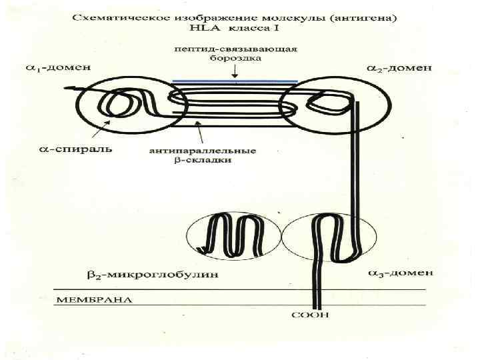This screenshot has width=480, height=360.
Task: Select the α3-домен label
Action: tap(399, 273)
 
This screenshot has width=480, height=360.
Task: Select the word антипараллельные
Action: tap(202, 150)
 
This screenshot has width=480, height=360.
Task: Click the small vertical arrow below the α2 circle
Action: tap(402, 139)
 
